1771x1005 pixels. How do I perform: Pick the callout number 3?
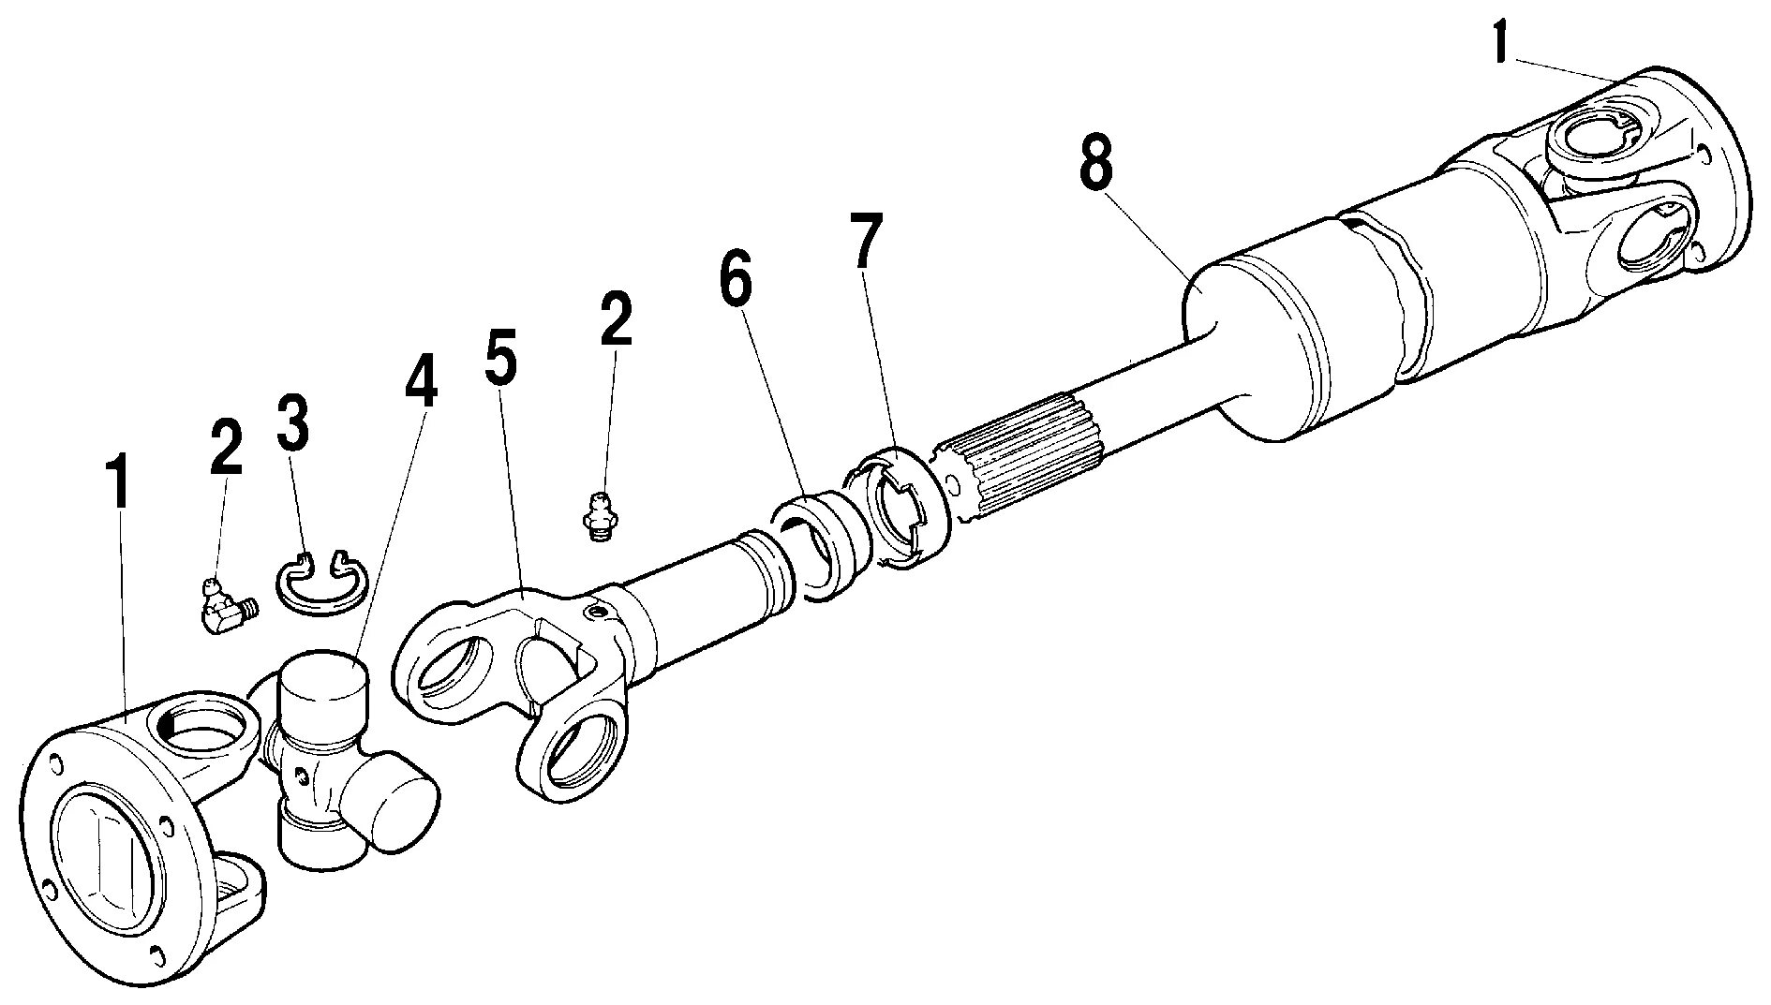point(291,421)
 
